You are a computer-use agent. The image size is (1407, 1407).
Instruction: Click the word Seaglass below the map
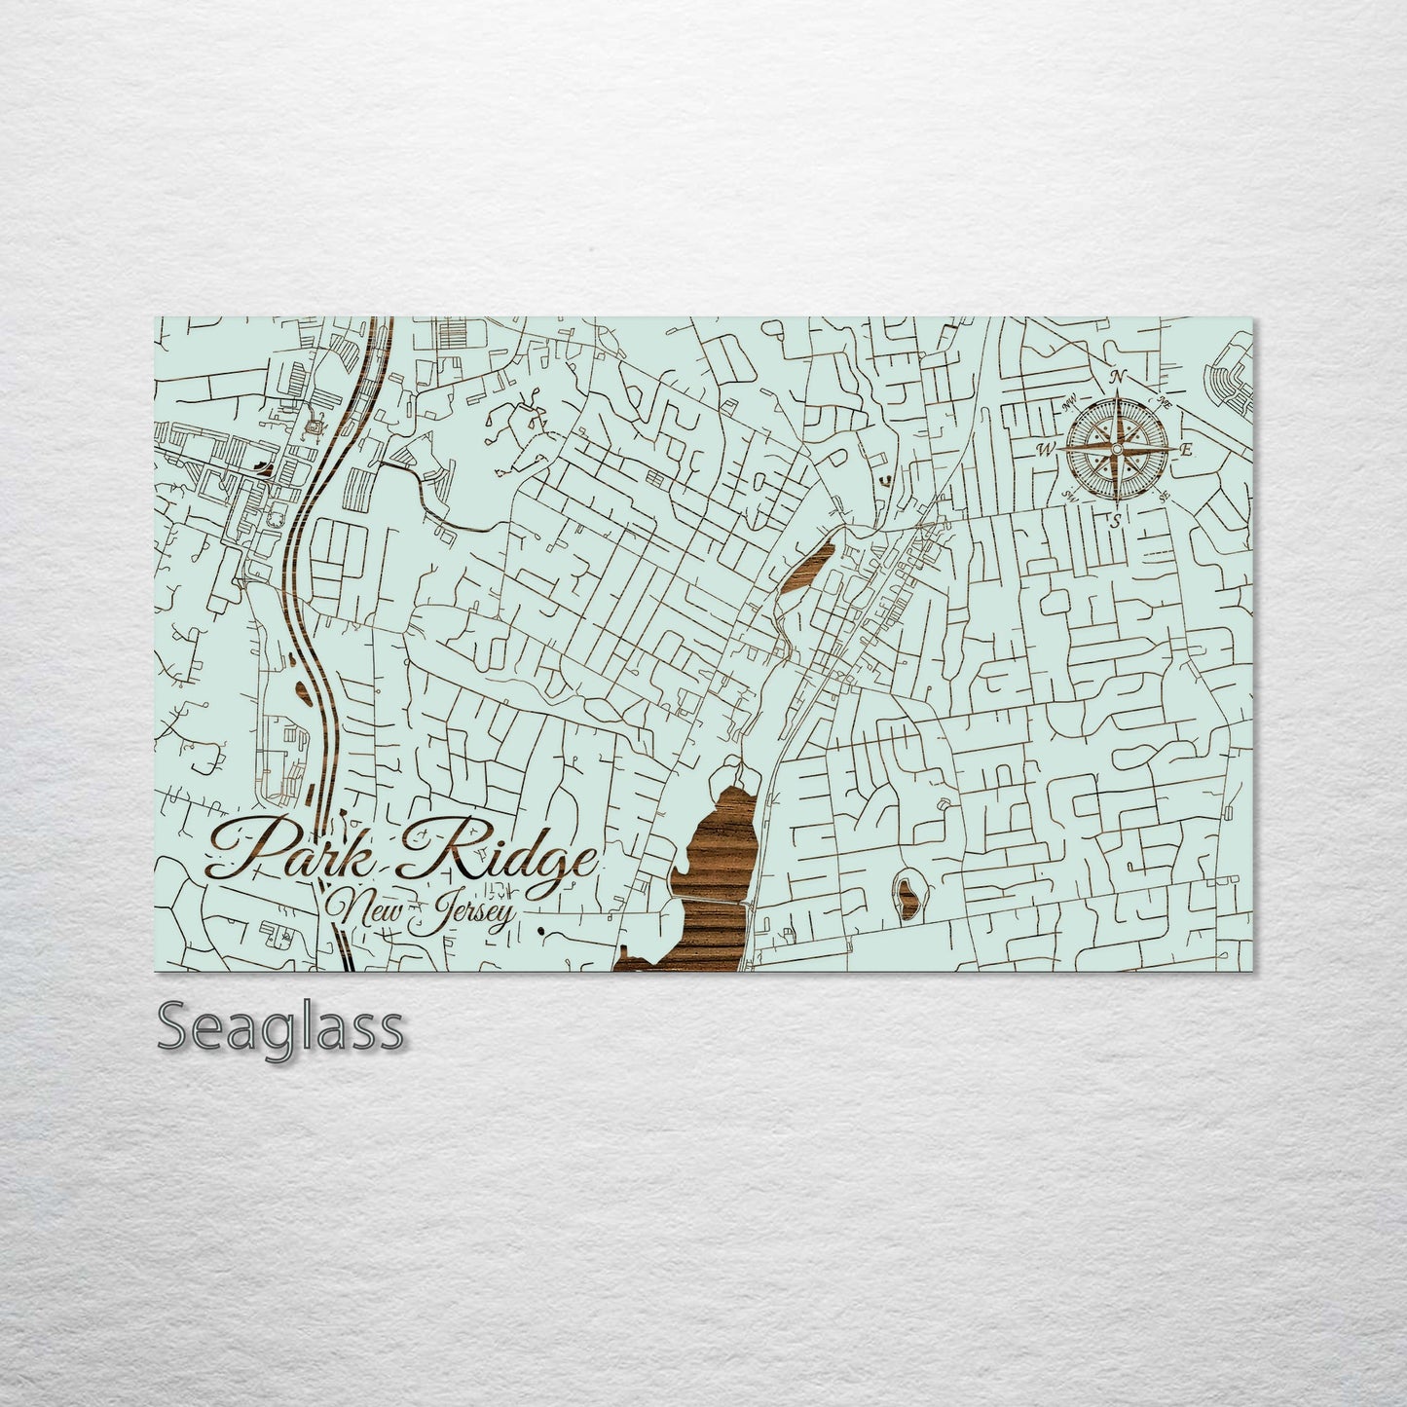click(x=279, y=1028)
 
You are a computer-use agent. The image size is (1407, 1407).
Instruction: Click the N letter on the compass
click(x=1119, y=378)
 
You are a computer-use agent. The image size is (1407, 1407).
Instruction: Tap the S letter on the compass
click(x=1115, y=520)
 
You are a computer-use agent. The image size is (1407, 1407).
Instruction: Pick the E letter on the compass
click(x=1186, y=450)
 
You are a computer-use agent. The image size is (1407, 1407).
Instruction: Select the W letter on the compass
click(x=1047, y=449)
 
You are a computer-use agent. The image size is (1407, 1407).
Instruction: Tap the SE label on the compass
click(x=1164, y=495)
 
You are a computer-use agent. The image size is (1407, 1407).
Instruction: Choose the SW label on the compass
click(x=1070, y=496)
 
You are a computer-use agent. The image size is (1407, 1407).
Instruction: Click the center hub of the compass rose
click(x=1117, y=449)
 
